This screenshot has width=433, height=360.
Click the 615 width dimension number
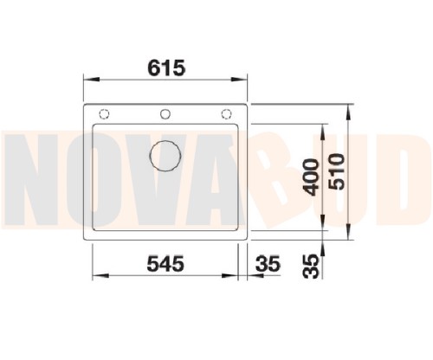pyautogui.click(x=166, y=68)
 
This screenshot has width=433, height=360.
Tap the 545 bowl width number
pyautogui.click(x=165, y=264)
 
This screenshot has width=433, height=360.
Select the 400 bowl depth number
pyautogui.click(x=311, y=177)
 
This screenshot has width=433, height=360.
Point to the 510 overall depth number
pyautogui.click(x=336, y=172)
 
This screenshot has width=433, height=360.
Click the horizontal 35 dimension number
pyautogui.click(x=268, y=264)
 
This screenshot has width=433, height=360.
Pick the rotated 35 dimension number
pyautogui.click(x=311, y=267)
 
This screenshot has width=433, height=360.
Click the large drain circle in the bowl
pyautogui.click(x=165, y=156)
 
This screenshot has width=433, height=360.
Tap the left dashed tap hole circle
pyautogui.click(x=104, y=114)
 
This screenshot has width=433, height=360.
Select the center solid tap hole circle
pyautogui.click(x=165, y=114)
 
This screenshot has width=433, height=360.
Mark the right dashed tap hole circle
pyautogui.click(x=226, y=114)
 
